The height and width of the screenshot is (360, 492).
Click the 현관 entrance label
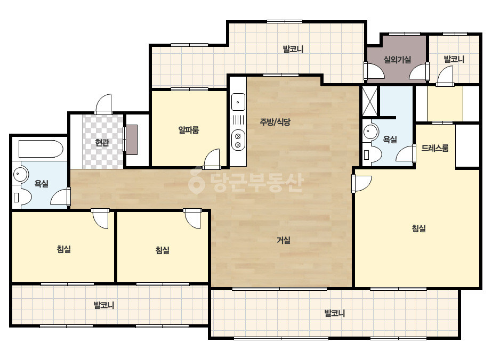click(x=102, y=143)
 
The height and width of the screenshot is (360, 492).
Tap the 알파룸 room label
click(x=189, y=129)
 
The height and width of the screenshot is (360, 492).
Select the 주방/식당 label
click(x=275, y=121)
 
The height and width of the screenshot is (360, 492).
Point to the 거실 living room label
click(x=284, y=240)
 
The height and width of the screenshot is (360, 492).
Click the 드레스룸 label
click(x=435, y=148)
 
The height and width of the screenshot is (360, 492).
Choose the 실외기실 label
click(x=397, y=59)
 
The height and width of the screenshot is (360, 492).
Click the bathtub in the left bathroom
click(x=41, y=149)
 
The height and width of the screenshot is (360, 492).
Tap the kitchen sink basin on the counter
click(x=238, y=102)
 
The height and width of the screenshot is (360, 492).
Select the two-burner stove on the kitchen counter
click(x=238, y=140)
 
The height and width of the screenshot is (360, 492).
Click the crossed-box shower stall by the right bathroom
click(x=369, y=102)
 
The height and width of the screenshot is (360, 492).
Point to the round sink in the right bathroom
click(x=371, y=132)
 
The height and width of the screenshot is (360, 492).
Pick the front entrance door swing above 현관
click(x=103, y=104)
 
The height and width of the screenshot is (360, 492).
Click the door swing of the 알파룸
click(x=212, y=159)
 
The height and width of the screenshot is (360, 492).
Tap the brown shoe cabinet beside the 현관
click(x=132, y=140)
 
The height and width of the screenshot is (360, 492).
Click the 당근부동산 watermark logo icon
click(x=196, y=181)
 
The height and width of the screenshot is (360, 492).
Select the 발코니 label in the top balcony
click(x=293, y=49)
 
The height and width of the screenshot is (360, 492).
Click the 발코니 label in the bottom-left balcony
click(x=104, y=305)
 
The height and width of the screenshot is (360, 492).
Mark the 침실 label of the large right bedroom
click(x=418, y=228)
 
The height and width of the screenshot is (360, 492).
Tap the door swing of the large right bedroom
click(x=361, y=184)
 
